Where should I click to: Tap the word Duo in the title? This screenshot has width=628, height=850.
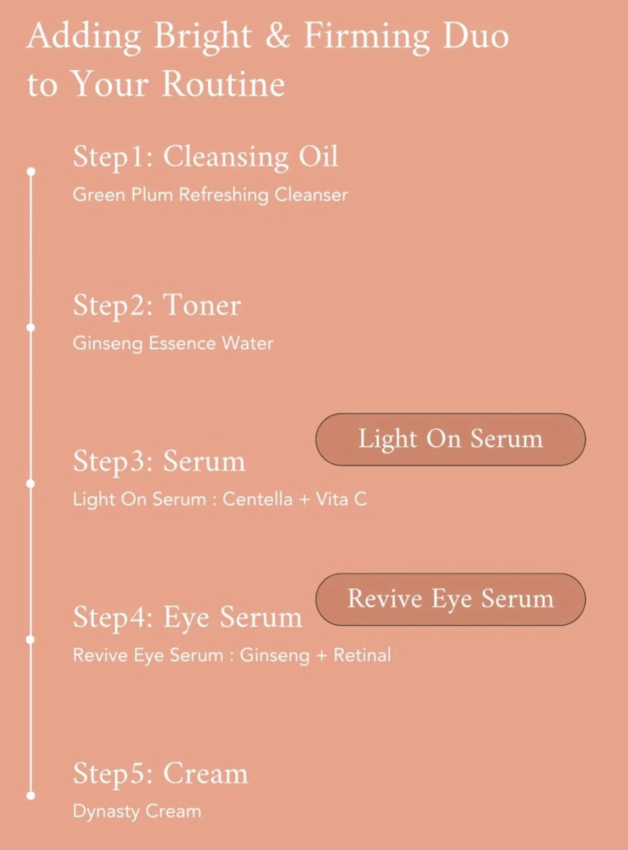point(476,37)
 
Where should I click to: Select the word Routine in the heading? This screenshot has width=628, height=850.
point(224,85)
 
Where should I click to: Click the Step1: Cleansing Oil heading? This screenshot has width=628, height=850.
point(206,157)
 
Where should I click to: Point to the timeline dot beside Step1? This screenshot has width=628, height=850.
point(31,171)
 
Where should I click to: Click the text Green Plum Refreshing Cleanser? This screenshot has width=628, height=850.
point(210,195)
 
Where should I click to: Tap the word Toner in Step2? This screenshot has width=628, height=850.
point(202,305)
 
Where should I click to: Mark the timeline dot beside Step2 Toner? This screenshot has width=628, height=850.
point(31,328)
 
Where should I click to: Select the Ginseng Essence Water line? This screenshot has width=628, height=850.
point(173,344)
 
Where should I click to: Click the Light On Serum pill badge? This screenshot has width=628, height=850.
point(451,439)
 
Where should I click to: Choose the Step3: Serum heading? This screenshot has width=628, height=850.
point(159,461)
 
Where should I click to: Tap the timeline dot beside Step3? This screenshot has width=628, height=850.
point(31,484)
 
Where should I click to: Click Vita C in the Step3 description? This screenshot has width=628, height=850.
point(341,500)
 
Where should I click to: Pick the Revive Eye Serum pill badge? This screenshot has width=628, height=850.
point(451,599)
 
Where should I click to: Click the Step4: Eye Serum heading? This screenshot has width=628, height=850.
point(187,618)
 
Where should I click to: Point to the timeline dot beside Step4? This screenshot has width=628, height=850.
point(31,640)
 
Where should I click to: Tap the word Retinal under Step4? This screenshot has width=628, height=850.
point(362,655)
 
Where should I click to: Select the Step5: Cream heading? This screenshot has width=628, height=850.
point(161,773)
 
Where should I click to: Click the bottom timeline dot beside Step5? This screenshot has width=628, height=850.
point(31,796)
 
